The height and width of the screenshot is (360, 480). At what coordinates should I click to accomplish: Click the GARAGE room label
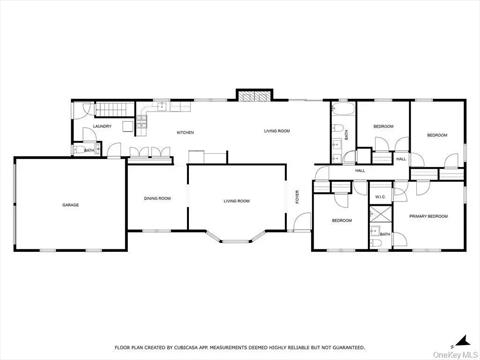click(70, 205)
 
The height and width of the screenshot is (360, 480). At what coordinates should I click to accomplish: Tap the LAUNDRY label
click(101, 127)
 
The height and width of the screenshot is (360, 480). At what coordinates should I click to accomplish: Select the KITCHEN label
click(185, 132)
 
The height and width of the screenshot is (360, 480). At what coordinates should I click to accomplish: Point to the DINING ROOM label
click(157, 199)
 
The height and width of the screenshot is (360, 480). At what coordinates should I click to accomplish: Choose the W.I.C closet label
click(380, 196)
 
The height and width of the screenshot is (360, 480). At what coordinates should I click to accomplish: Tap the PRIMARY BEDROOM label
click(428, 216)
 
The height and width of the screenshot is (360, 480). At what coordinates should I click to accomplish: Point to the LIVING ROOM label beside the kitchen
click(277, 131)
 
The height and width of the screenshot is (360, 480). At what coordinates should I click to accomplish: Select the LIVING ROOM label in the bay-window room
click(236, 201)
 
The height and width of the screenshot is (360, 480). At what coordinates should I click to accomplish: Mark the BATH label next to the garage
click(90, 151)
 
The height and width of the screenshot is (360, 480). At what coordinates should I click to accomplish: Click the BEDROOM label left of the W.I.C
click(342, 220)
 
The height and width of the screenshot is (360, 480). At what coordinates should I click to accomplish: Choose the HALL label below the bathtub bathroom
click(360, 171)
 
